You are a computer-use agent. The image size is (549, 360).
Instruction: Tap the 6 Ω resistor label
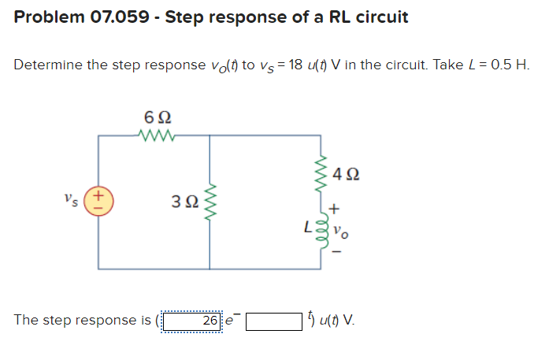coord(156,117)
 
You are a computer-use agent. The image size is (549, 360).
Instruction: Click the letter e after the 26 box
coord(230,322)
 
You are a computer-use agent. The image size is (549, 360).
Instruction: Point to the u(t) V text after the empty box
coord(337,321)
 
